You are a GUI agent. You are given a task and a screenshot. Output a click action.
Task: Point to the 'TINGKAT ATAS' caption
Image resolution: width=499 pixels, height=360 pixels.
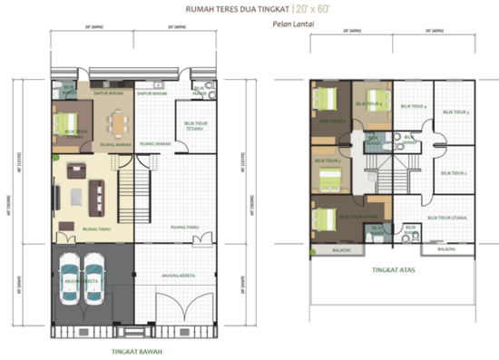tap(390, 269)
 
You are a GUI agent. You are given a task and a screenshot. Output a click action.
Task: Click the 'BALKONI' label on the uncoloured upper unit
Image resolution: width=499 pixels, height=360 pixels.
tap(445, 248)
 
